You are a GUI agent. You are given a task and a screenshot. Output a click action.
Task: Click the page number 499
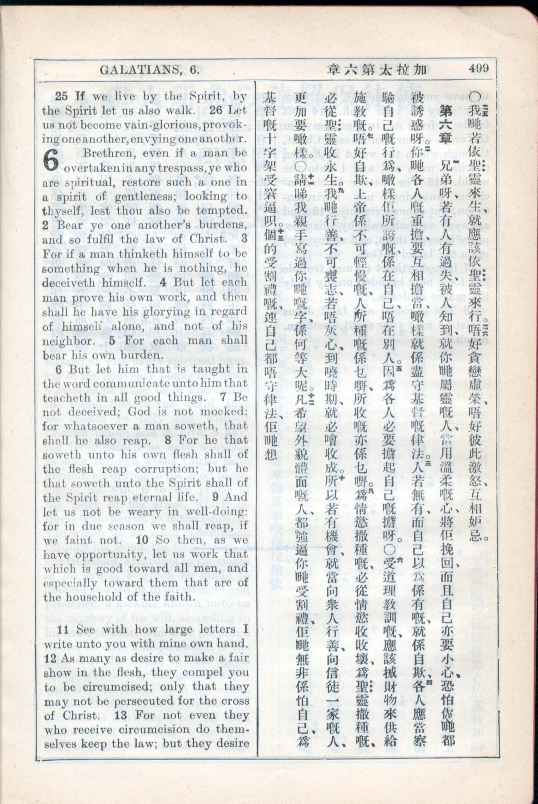[x=479, y=68]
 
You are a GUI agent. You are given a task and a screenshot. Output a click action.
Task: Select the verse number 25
[x=62, y=96]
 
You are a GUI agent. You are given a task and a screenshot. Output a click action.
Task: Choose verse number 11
[x=64, y=630]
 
